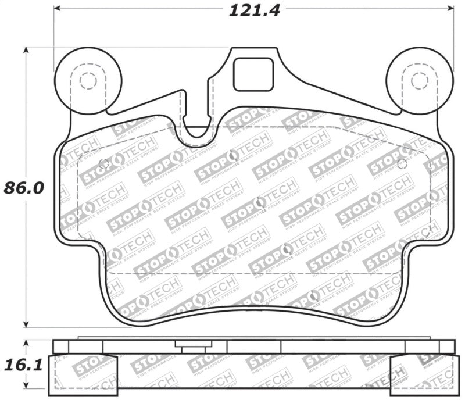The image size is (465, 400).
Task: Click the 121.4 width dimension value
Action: pyautogui.click(x=251, y=10)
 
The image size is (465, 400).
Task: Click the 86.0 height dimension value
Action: pyautogui.click(x=24, y=188)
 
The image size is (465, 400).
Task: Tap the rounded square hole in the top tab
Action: pyautogui.click(x=253, y=74)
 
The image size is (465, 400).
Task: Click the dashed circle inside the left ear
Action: pyautogui.click(x=88, y=80)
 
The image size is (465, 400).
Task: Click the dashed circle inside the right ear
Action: pyautogui.click(x=419, y=80)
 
